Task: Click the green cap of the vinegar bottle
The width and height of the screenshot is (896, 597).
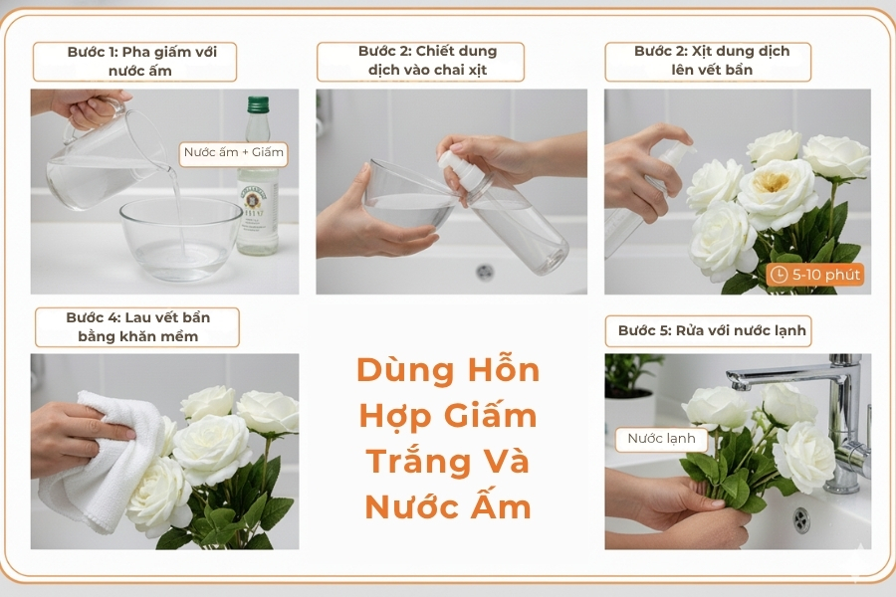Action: [259, 103]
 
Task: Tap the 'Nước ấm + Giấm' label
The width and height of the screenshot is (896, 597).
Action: [234, 153]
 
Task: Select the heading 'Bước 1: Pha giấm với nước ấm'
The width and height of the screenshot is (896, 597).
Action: [134, 61]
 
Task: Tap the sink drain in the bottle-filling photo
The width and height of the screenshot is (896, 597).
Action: [485, 271]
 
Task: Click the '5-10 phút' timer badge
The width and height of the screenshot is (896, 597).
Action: [815, 275]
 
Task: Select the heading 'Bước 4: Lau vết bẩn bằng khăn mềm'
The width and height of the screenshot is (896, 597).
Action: [137, 326]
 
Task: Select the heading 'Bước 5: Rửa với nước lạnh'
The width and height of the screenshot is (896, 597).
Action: [711, 330]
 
